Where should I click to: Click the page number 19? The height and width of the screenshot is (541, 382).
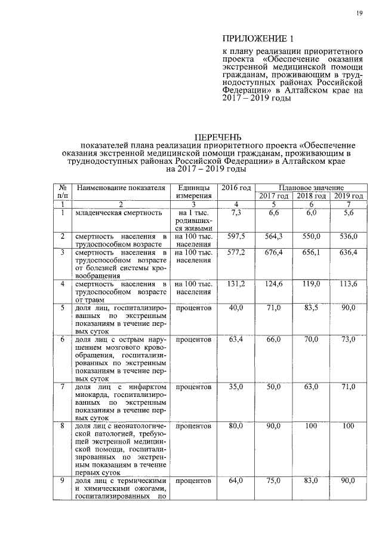tap(361, 13)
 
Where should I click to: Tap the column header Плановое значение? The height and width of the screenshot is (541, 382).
tap(310, 188)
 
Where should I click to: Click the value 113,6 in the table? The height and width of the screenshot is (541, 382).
tap(349, 283)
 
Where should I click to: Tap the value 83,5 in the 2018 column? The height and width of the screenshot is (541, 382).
tap(310, 307)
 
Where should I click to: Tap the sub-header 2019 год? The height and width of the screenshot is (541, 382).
tap(349, 196)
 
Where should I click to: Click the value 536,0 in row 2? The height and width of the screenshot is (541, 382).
tap(349, 237)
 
